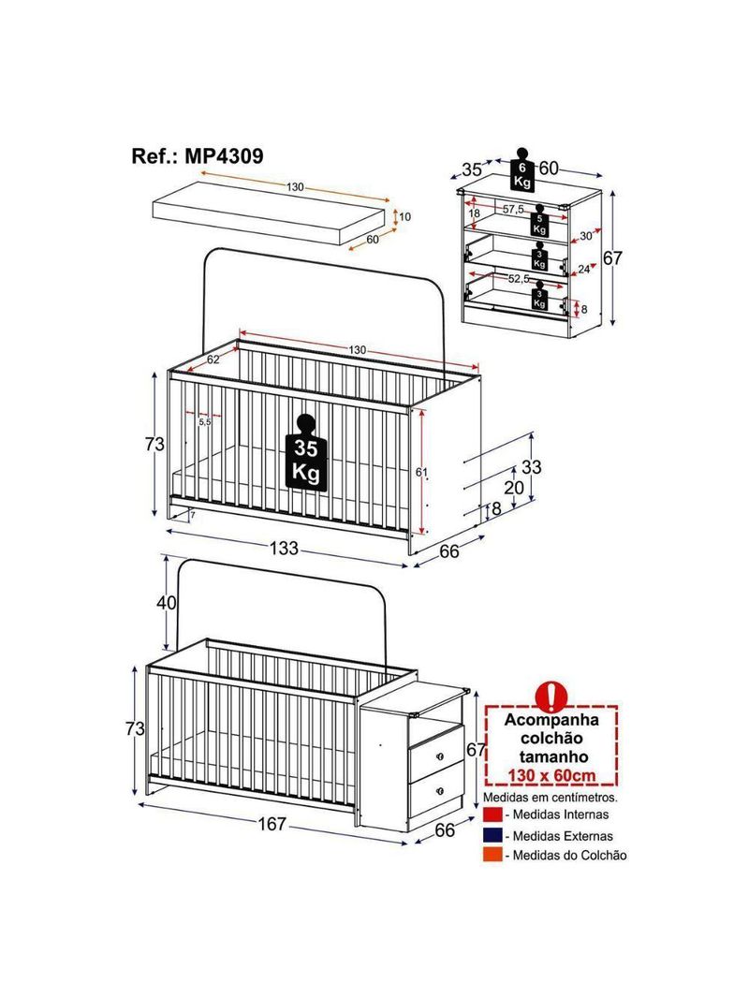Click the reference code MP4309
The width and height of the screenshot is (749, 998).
[224, 156]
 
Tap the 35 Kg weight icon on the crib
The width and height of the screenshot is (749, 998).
[306, 452]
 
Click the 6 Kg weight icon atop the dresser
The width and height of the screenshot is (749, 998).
[522, 169]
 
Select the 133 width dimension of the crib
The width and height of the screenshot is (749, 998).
[283, 548]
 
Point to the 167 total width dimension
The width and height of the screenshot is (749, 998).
[272, 824]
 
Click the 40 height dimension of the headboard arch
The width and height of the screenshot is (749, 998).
[167, 602]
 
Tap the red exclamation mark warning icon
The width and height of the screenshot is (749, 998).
[551, 697]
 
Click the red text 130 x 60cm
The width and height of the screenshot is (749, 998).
[551, 775]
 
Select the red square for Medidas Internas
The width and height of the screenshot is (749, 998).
[492, 815]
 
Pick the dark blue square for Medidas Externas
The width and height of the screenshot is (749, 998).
[492, 835]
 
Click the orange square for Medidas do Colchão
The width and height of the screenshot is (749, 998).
[492, 856]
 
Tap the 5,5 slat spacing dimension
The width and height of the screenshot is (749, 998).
[204, 422]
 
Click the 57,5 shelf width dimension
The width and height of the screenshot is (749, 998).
[513, 210]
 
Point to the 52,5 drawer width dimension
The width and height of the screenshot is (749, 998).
[519, 278]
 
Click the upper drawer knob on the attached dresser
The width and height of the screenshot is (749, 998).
[440, 756]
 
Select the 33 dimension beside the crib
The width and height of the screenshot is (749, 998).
[532, 467]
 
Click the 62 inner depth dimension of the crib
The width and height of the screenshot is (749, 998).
[213, 360]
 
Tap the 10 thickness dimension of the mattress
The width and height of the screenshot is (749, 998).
[404, 217]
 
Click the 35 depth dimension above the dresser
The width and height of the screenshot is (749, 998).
[472, 170]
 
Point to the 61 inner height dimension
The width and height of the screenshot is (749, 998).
[420, 472]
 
